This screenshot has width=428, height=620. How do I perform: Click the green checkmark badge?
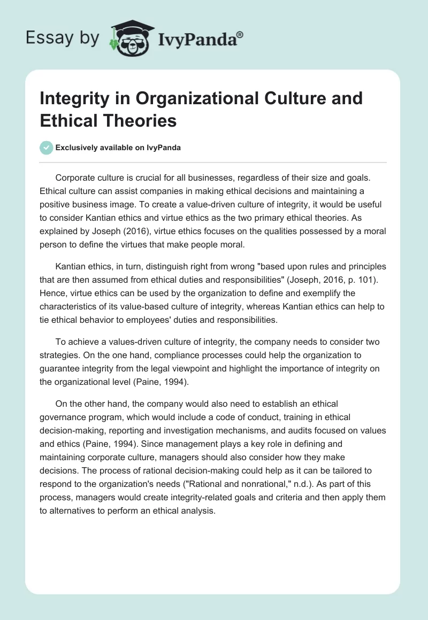click(x=47, y=148)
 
